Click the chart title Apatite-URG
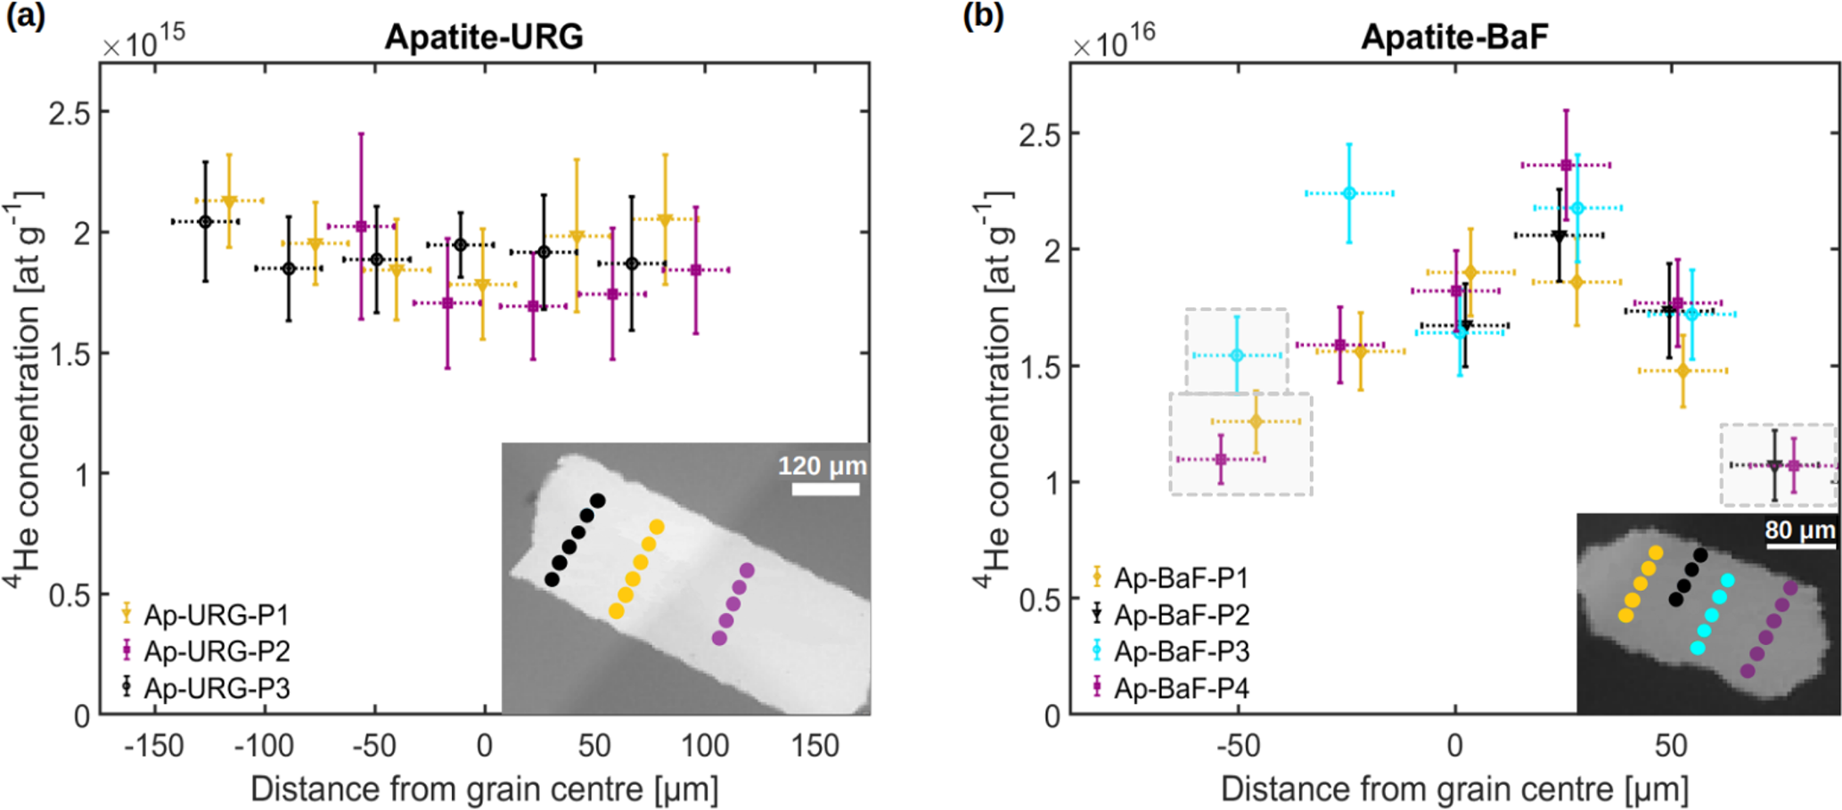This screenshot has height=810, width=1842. [x=484, y=37]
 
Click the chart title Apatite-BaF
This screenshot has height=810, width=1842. [x=1454, y=37]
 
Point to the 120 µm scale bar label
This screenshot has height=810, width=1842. [x=822, y=466]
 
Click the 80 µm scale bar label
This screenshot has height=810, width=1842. [x=1799, y=531]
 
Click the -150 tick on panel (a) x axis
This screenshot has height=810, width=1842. [x=153, y=746]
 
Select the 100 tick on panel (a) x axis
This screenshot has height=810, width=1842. [x=705, y=746]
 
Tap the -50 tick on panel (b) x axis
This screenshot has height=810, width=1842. [x=1238, y=746]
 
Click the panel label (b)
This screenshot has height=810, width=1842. [x=983, y=17]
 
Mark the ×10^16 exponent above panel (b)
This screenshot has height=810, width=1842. [x=1114, y=40]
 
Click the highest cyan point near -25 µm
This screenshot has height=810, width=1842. [x=1349, y=193]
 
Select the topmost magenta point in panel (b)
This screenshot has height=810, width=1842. [x=1566, y=165]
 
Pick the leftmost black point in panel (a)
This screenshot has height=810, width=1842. [x=205, y=222]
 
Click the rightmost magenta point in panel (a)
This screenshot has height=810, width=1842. [x=696, y=270]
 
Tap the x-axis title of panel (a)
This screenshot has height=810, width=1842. [x=484, y=790]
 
